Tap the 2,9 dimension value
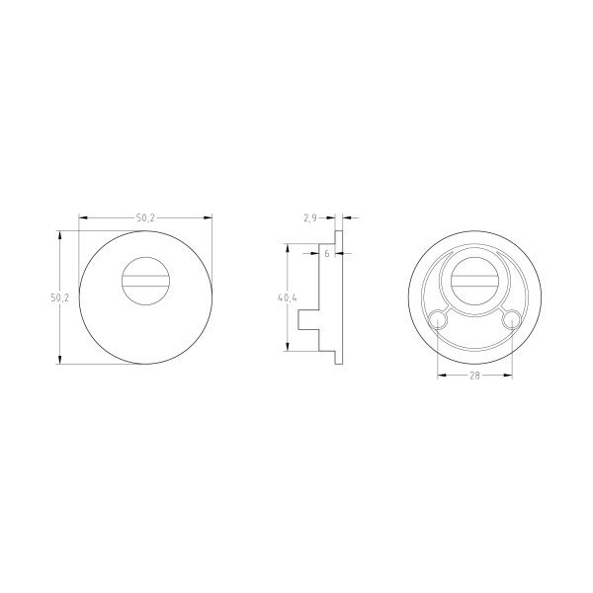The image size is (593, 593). coord(309,217)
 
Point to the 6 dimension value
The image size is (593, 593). coord(326,254)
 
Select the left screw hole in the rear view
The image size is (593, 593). coord(437,318)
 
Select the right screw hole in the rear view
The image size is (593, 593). coord(512,318)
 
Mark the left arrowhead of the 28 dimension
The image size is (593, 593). coord(440,377)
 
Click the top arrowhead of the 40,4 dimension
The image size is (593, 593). coord(288,247)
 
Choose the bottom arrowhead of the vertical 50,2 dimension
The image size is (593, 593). coord(62,362)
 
